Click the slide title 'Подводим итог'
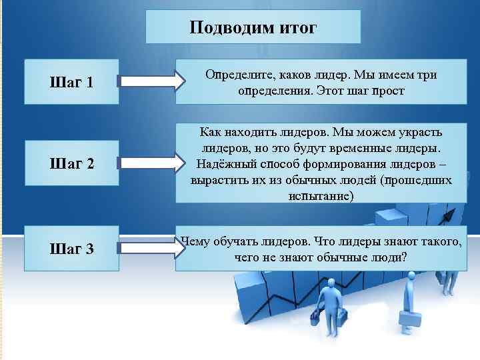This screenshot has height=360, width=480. click(x=253, y=28)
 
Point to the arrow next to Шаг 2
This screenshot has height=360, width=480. click(x=150, y=162)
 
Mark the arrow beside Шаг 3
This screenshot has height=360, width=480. click(x=150, y=248)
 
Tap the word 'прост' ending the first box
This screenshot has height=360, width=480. click(x=389, y=90)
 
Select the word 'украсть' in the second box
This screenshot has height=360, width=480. click(x=427, y=131)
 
